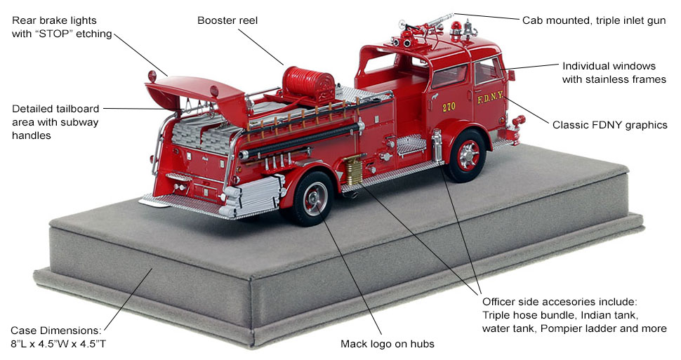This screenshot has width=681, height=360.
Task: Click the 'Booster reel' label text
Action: click(227, 20)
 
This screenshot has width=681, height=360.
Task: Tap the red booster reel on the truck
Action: click(308, 83)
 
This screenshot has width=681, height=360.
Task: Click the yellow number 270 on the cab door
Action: click(449, 107)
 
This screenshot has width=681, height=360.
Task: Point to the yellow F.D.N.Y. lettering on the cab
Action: click(489, 98)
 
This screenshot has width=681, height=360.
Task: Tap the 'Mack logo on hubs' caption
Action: click(387, 344)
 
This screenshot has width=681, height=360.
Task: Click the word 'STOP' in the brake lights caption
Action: click(54, 34)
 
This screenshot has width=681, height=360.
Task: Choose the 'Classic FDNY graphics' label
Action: click(610, 125)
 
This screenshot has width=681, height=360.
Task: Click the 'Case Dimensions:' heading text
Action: click(55, 331)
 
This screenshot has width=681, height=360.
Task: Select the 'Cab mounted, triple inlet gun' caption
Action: click(594, 20)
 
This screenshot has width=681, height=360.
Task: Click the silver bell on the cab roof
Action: click(468, 29)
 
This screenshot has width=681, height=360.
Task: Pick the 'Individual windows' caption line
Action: click(609, 66)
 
